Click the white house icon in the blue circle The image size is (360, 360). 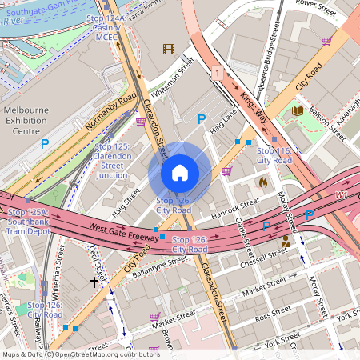pos(180,173)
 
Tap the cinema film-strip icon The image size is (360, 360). pos(168,49)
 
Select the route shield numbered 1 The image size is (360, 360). pos(217,73)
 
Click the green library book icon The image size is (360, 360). pos(297,110)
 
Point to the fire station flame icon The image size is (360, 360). pos(262,182)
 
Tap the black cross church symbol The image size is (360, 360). pos(94,282)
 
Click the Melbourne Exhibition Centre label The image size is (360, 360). pos(33,120)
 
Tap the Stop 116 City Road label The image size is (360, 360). pos(274,155)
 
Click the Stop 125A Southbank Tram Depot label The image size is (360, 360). pos(29,222)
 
